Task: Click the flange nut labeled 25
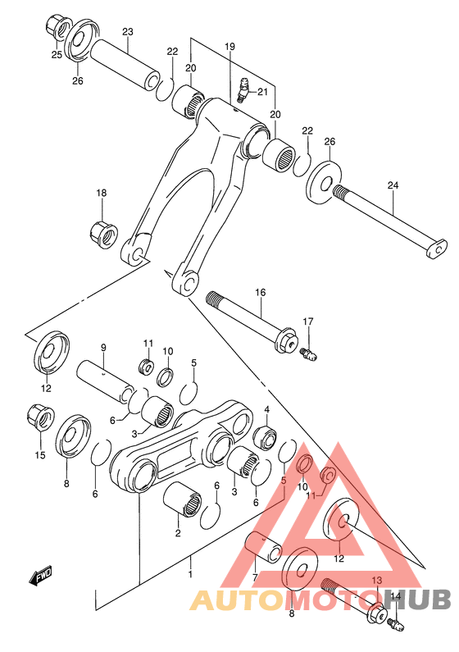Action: click(x=56, y=26)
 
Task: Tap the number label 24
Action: click(x=393, y=185)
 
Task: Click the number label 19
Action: click(x=230, y=48)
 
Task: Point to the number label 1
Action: click(x=190, y=574)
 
